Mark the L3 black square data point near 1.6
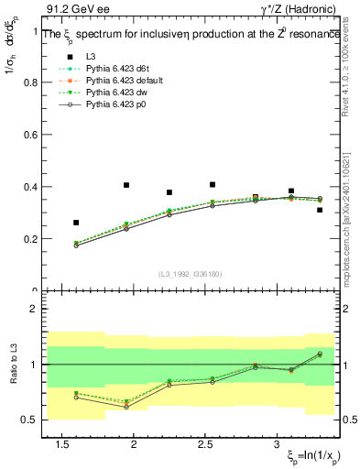(76, 223)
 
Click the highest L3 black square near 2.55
(213, 184)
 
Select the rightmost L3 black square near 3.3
(320, 210)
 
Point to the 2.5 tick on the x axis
(205, 445)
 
